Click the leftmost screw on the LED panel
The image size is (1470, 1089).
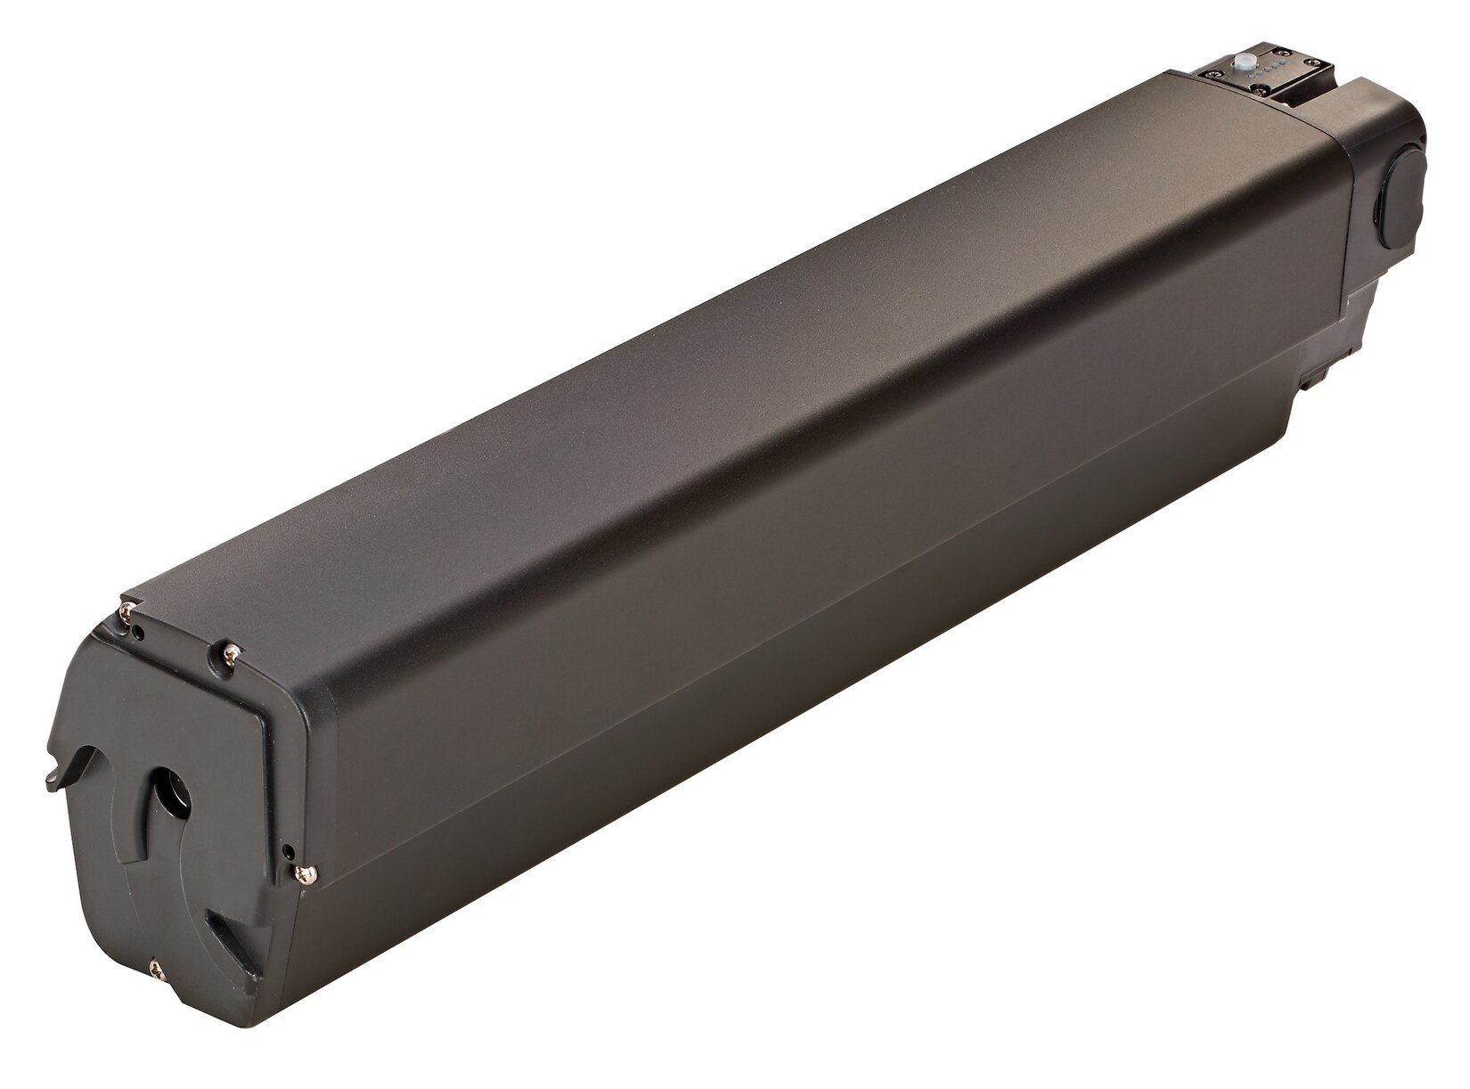coord(1214,74)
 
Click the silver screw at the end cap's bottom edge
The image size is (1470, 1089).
coord(157,970)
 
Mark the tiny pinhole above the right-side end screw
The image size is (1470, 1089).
coord(289,852)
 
